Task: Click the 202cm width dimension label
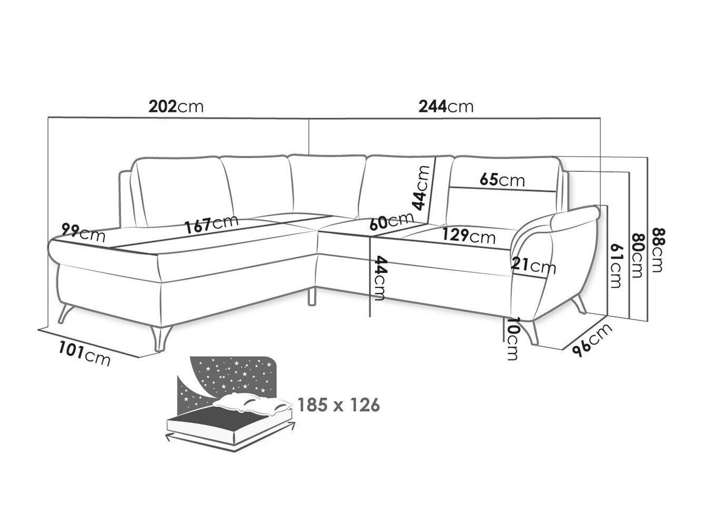tap(176, 106)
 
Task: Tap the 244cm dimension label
tap(446, 106)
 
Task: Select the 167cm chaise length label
tap(211, 224)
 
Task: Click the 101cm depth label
tap(84, 353)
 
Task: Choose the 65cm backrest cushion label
tap(502, 180)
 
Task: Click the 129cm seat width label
tap(469, 237)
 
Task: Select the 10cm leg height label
tap(512, 339)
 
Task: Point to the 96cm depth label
tap(592, 340)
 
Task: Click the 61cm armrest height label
tap(616, 266)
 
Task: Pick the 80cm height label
tap(637, 256)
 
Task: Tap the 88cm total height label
tap(658, 250)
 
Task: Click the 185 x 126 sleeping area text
tap(339, 405)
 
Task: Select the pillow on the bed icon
tap(252, 404)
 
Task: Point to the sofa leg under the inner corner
tap(312, 296)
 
